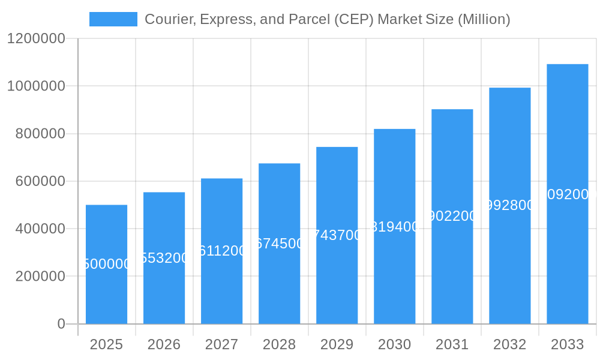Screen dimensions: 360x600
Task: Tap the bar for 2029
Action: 337,276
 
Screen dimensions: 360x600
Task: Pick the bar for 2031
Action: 452,270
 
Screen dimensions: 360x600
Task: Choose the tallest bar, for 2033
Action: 567,252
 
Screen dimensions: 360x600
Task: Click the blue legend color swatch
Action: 113,19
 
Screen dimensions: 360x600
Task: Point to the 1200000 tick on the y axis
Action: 36,38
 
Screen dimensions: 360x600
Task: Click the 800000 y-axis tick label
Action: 40,134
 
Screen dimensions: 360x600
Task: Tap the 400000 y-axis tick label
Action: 40,229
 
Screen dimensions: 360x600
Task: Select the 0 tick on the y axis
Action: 61,324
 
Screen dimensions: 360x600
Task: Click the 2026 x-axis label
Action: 164,344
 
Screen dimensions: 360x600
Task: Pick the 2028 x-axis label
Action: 279,344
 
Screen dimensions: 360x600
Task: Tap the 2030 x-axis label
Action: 394,344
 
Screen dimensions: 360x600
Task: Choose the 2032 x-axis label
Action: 509,344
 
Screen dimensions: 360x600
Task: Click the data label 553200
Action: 164,258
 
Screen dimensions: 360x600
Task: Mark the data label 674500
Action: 279,244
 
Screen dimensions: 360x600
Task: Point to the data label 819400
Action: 394,227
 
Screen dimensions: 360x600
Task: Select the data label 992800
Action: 509,205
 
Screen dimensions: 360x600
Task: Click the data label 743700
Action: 337,235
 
